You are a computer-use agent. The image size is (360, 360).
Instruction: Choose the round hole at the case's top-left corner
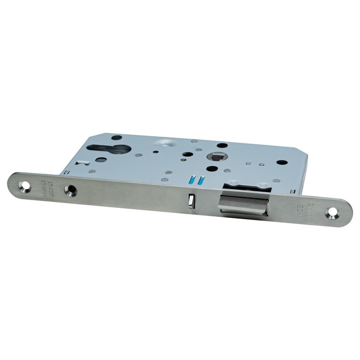coord(117,137)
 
